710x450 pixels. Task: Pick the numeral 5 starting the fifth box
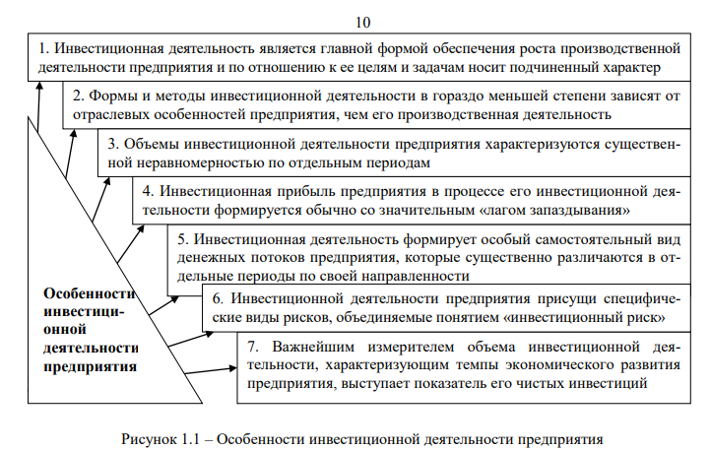coord(182,238)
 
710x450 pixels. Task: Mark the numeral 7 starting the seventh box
coord(252,346)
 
